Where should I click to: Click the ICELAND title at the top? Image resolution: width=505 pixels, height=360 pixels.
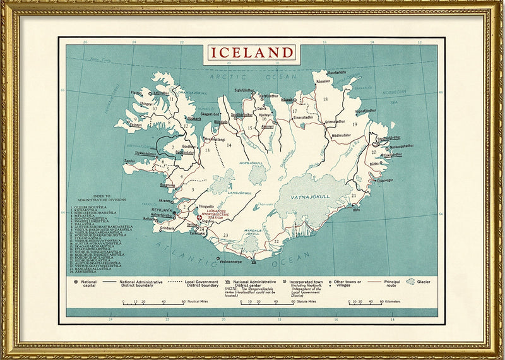point(252,53)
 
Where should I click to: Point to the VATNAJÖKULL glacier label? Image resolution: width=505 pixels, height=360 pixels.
point(311,197)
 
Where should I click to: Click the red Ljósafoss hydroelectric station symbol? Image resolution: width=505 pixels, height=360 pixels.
point(200,218)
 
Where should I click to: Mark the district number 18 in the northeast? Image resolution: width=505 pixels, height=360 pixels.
point(326,100)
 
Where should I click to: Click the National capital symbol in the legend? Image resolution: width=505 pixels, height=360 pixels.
point(76,281)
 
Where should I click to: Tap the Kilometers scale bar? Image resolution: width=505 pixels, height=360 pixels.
point(366,302)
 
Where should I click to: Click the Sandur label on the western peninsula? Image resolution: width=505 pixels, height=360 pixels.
point(130,161)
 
